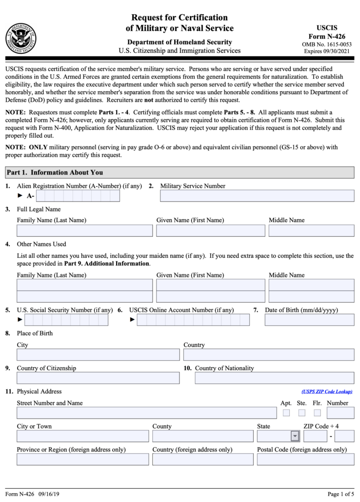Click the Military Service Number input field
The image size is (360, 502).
point(257,196)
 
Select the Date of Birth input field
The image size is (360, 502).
point(309,320)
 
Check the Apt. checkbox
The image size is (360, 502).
point(286,413)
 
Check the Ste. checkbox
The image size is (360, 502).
point(302,413)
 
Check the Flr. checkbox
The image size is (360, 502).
point(317,413)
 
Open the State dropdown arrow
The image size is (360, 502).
point(295,436)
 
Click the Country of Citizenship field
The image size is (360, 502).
point(98,378)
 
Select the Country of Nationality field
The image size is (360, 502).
point(274,378)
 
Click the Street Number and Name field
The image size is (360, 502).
point(147,413)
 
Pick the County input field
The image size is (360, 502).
point(203,436)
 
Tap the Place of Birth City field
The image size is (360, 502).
point(98,355)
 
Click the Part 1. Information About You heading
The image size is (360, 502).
point(55,173)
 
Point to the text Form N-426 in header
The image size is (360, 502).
point(327,37)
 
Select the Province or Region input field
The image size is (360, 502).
point(83,459)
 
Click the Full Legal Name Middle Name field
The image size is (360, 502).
point(311,231)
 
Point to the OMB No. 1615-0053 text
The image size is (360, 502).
point(327,45)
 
